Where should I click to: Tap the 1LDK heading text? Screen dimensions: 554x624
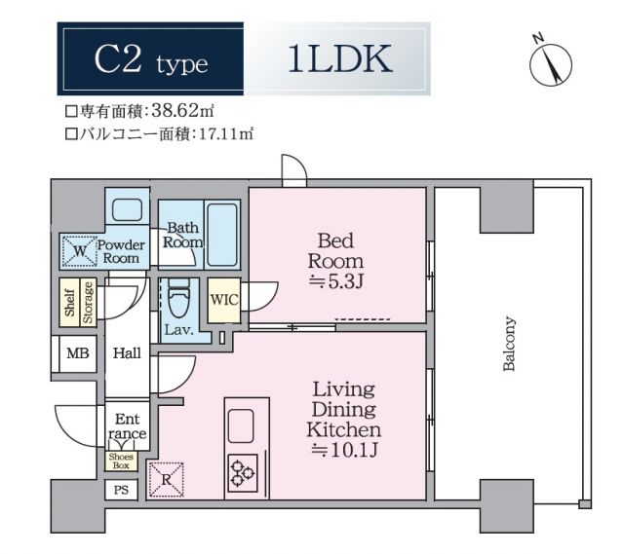pos(339,60)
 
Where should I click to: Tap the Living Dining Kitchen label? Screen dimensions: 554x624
pos(343,421)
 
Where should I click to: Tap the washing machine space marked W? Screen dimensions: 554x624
pos(78,250)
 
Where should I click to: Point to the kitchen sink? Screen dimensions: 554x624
pos(242,425)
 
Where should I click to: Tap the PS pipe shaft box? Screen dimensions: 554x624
pos(121,490)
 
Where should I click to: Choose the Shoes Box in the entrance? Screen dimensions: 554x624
pos(122,461)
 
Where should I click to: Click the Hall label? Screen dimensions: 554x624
pos(126,354)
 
